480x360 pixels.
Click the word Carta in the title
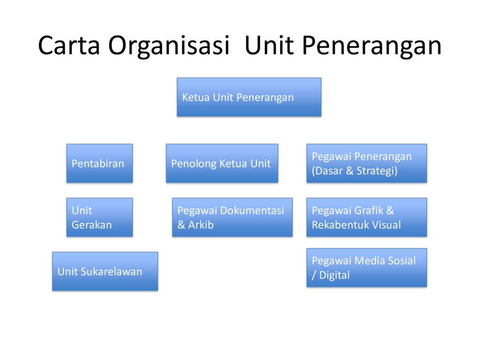click(x=69, y=45)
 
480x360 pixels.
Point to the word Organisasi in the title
click(x=169, y=46)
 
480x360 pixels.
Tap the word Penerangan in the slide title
click(x=372, y=46)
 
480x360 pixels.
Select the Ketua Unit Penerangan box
click(x=249, y=97)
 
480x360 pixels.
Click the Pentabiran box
click(x=100, y=163)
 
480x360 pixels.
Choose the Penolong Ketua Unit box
click(x=222, y=163)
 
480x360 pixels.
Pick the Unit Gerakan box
click(x=100, y=217)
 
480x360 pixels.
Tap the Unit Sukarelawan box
click(x=105, y=271)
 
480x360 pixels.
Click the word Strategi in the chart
click(x=377, y=171)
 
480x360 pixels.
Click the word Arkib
click(x=201, y=225)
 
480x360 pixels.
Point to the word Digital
click(x=334, y=276)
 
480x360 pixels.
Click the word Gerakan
click(x=92, y=225)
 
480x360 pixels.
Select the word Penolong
click(x=194, y=164)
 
